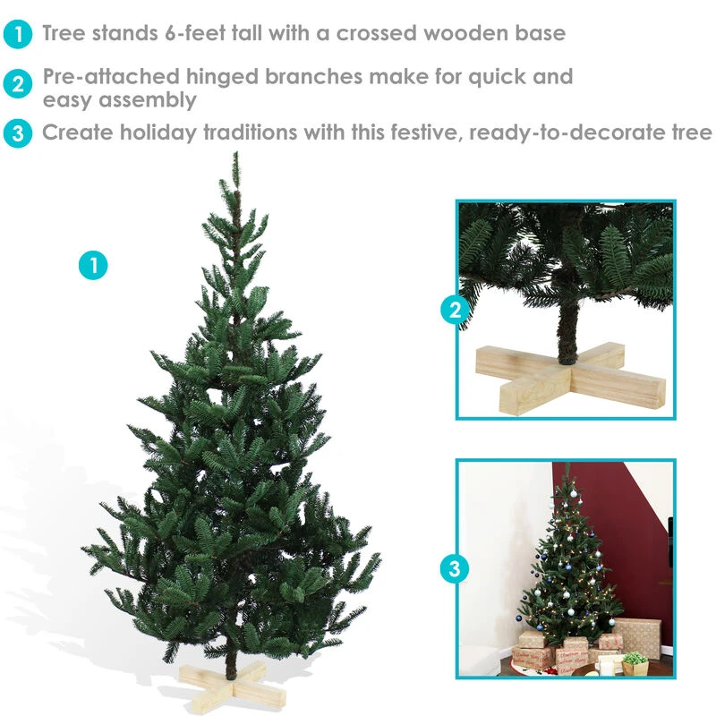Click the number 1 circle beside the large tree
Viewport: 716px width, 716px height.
[x=93, y=265]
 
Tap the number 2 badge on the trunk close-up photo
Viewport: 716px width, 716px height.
[x=455, y=310]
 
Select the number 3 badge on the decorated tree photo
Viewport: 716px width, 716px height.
[x=455, y=568]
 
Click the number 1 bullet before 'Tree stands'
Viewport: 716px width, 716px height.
[x=17, y=34]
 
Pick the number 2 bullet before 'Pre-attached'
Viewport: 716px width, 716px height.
[x=17, y=84]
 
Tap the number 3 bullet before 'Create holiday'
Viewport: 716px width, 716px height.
[x=17, y=133]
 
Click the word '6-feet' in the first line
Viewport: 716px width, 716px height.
[x=195, y=33]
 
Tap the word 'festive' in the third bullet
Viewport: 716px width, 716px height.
[x=428, y=132]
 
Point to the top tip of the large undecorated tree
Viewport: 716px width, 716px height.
[x=236, y=153]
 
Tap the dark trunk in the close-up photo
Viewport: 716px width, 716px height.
[x=568, y=333]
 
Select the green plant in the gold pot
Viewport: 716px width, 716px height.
[x=635, y=658]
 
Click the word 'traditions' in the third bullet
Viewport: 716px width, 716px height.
[x=251, y=132]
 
